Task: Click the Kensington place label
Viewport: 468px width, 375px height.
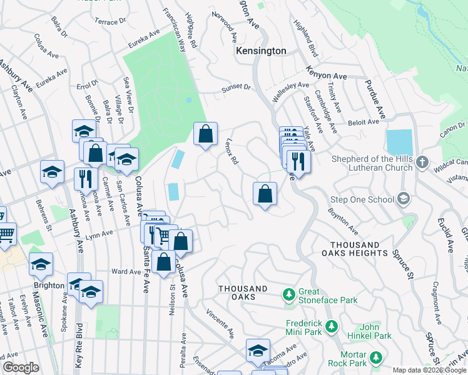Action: pyautogui.click(x=260, y=51)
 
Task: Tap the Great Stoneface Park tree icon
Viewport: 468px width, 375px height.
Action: pyautogui.click(x=288, y=294)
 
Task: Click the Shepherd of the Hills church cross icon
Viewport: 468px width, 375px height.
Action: pyautogui.click(x=422, y=162)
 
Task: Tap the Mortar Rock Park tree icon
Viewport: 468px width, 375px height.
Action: pyautogui.click(x=375, y=357)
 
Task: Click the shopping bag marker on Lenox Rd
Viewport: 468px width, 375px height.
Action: pyautogui.click(x=265, y=194)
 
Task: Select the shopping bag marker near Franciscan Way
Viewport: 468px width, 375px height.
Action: pyautogui.click(x=205, y=134)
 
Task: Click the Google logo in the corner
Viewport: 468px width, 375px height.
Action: pyautogui.click(x=21, y=367)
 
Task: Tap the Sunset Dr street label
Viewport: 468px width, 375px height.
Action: pyautogui.click(x=236, y=89)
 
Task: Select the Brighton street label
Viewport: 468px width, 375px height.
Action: pyautogui.click(x=49, y=285)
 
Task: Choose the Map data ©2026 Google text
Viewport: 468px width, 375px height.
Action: pyautogui.click(x=429, y=370)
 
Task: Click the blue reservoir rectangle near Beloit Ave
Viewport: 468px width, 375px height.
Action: pyautogui.click(x=399, y=142)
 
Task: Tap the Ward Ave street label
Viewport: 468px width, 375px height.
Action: pyautogui.click(x=126, y=272)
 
